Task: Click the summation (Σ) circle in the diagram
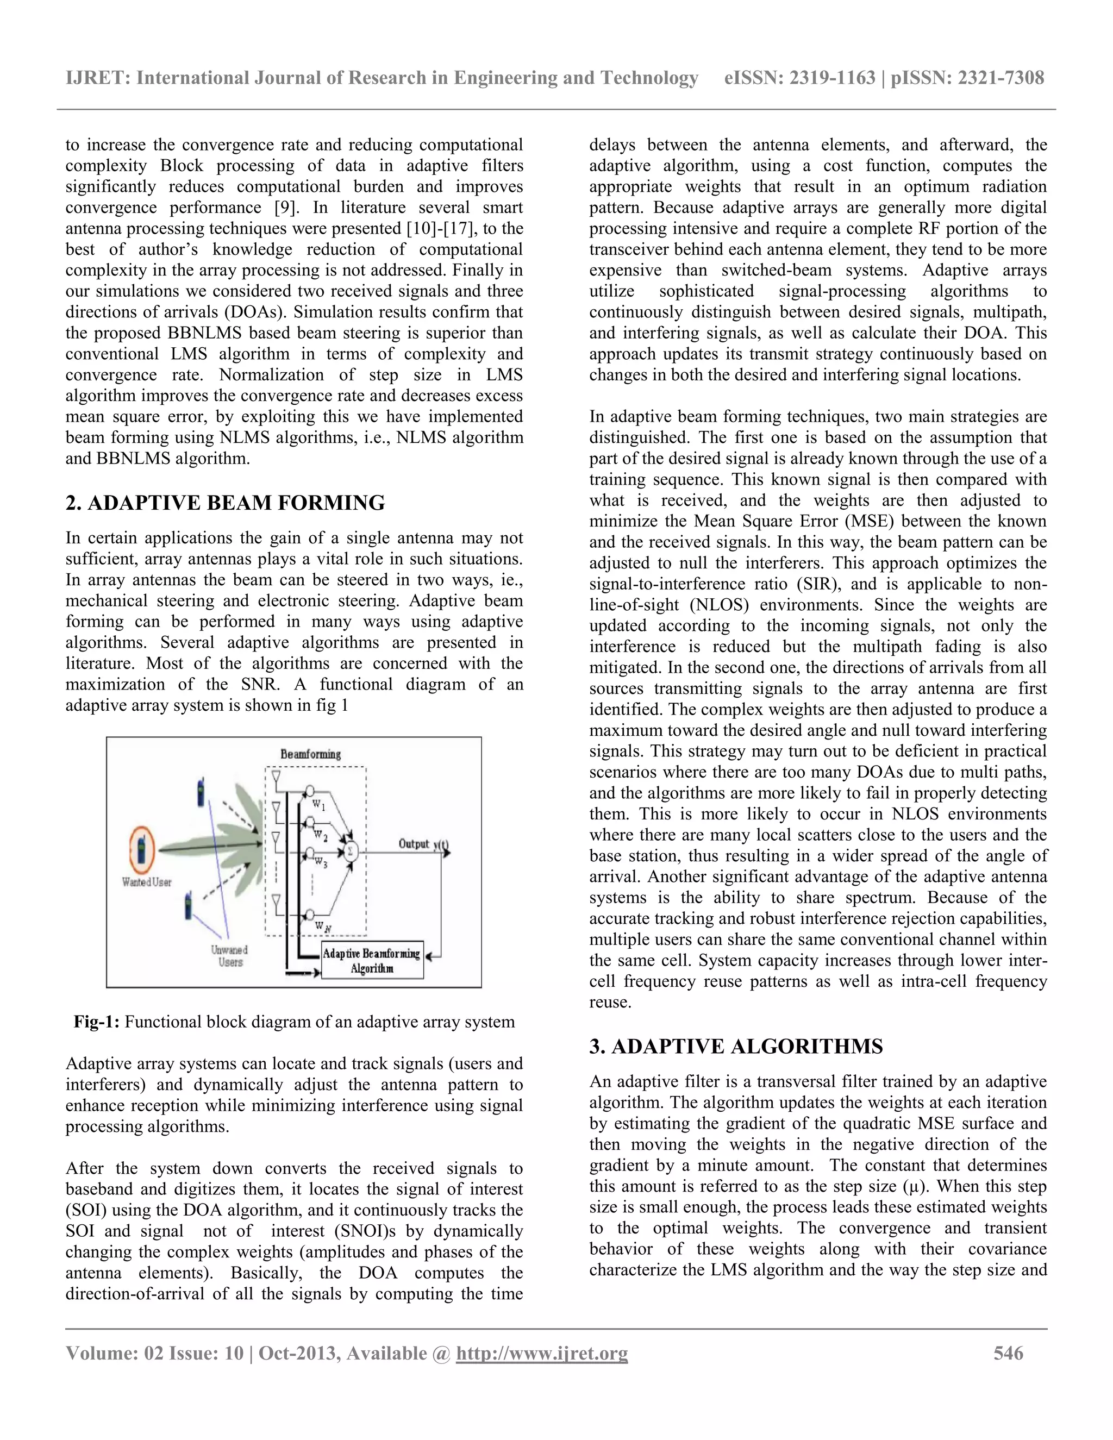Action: tap(350, 851)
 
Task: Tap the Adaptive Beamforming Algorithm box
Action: tap(372, 961)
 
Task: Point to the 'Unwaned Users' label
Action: tap(229, 956)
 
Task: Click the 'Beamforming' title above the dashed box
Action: tap(310, 754)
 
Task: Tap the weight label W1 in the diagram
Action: tap(318, 805)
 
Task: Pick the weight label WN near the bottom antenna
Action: tap(322, 926)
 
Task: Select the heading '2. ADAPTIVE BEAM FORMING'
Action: tap(225, 503)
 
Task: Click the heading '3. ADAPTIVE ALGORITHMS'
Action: tap(736, 1047)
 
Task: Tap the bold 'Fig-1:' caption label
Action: tap(96, 1022)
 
